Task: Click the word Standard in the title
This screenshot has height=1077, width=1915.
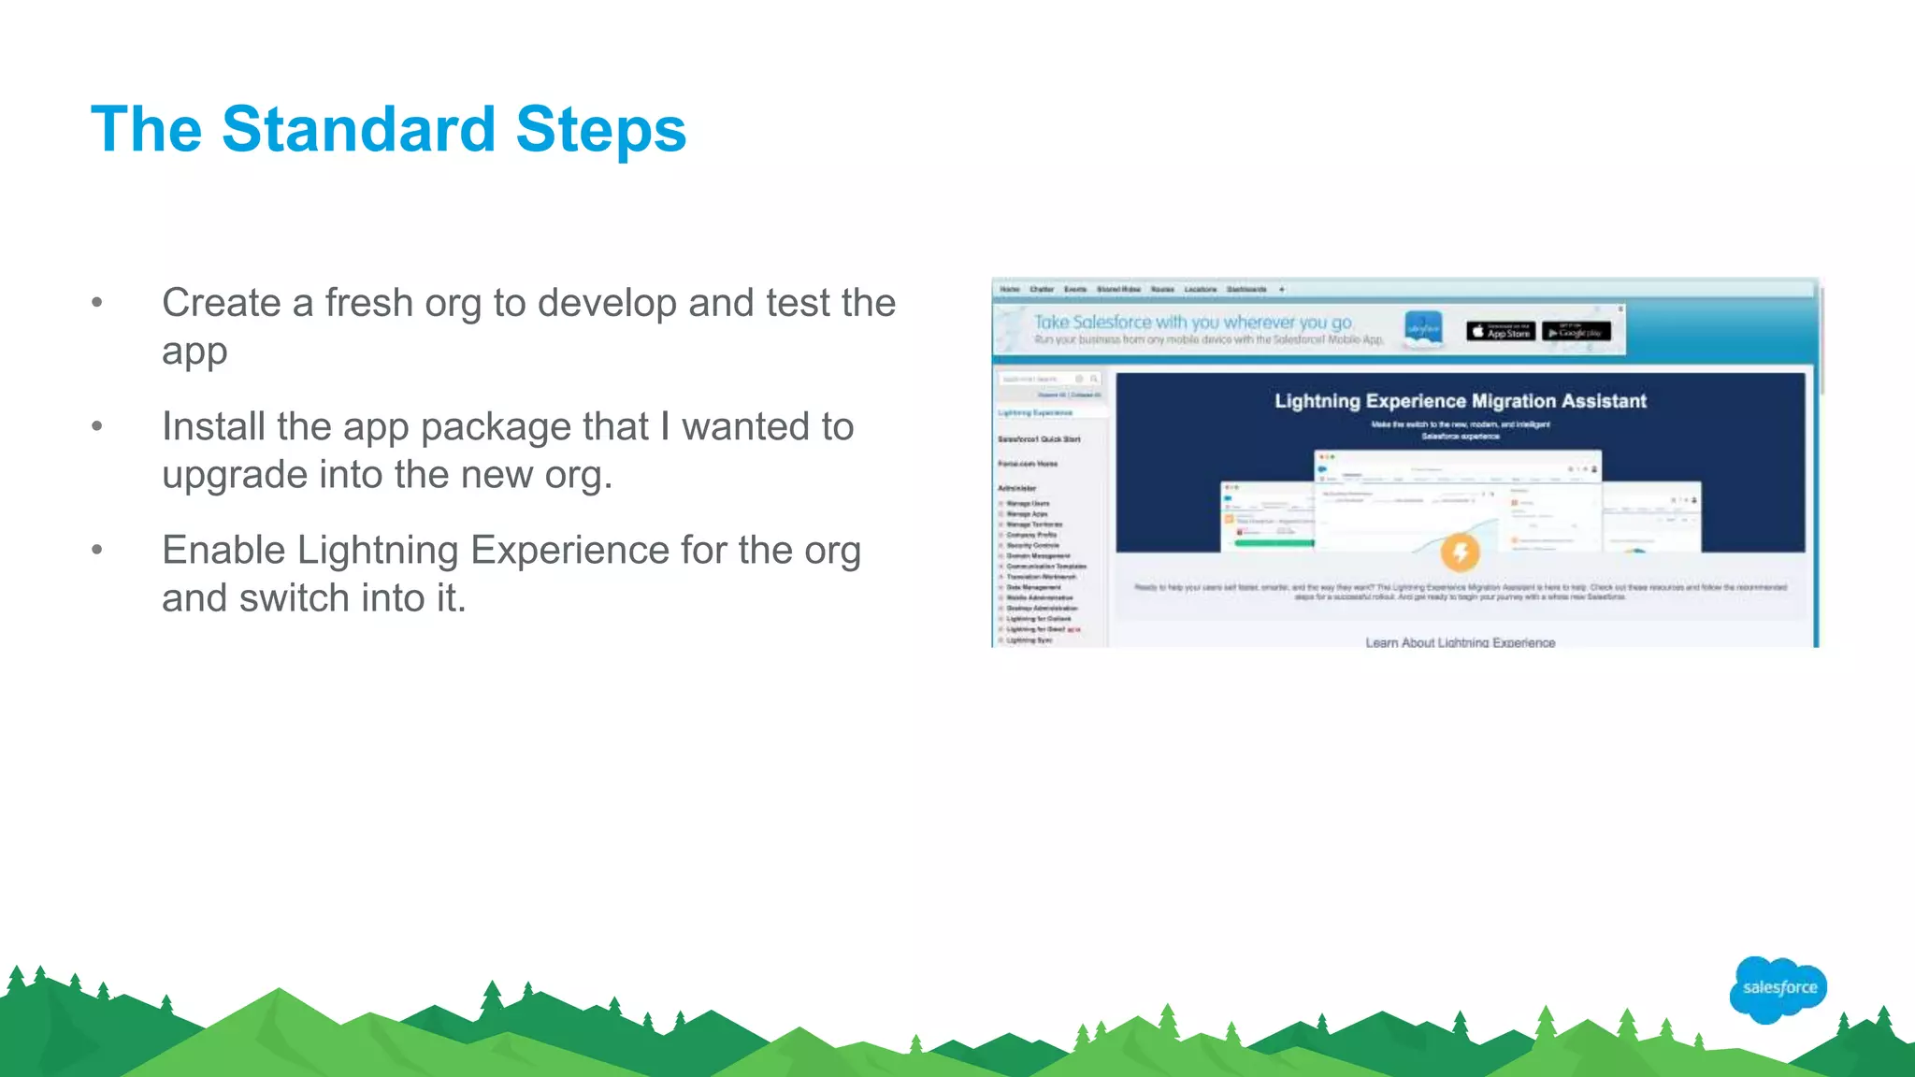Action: point(358,129)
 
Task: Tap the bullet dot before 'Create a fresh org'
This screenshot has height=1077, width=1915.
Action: point(97,303)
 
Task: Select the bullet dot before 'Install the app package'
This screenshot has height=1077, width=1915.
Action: point(97,426)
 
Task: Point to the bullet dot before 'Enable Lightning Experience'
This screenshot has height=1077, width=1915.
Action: point(97,550)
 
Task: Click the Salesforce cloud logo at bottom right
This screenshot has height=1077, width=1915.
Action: point(1778,988)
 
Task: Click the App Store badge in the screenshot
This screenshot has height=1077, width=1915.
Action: point(1500,332)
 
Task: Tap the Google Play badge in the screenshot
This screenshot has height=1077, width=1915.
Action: point(1577,332)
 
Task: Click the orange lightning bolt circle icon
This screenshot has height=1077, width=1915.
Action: point(1460,552)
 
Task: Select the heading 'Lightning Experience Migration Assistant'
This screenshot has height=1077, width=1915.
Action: point(1460,401)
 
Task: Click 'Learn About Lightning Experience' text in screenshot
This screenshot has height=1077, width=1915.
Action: point(1460,642)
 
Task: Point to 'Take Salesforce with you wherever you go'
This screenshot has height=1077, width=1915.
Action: point(1193,322)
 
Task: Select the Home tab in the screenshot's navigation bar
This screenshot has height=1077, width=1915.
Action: point(1010,290)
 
